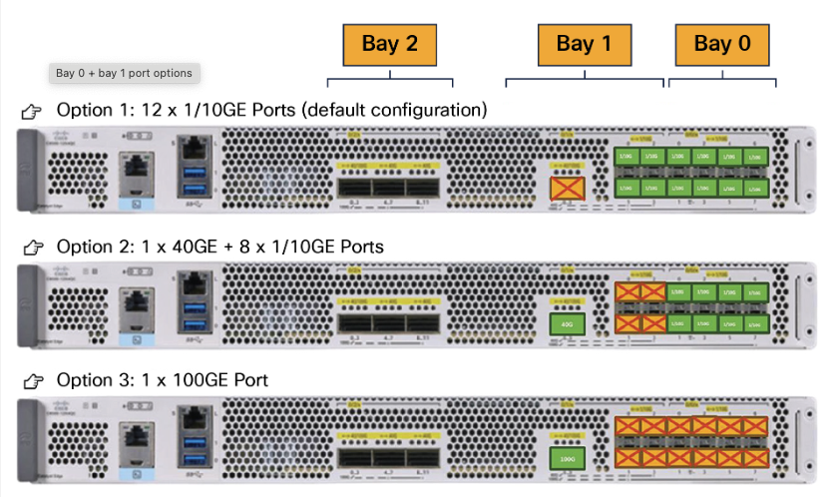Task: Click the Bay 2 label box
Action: [390, 44]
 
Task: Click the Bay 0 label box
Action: [722, 44]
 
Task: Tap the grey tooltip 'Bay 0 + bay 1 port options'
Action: [125, 73]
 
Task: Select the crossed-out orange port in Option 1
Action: [568, 187]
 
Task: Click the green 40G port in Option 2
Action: [568, 324]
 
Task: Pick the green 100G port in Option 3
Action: [568, 460]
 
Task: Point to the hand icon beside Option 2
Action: [32, 247]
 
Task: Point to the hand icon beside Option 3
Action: [32, 382]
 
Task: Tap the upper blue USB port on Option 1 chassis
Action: [193, 178]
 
